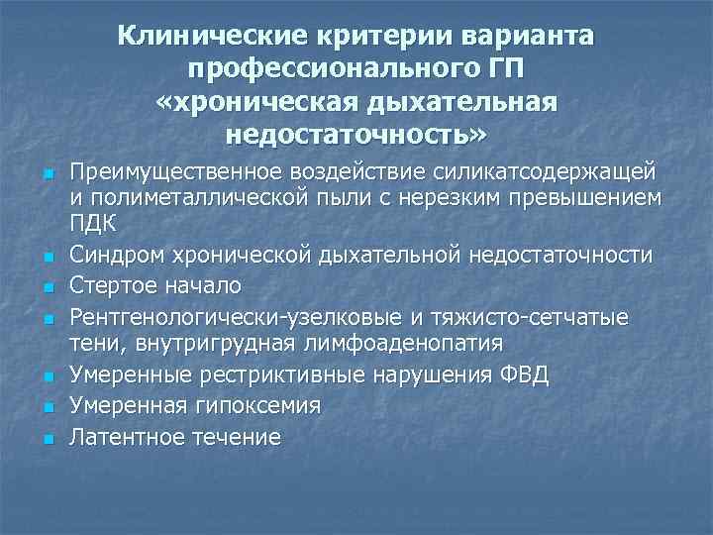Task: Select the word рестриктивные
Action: [284, 375]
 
